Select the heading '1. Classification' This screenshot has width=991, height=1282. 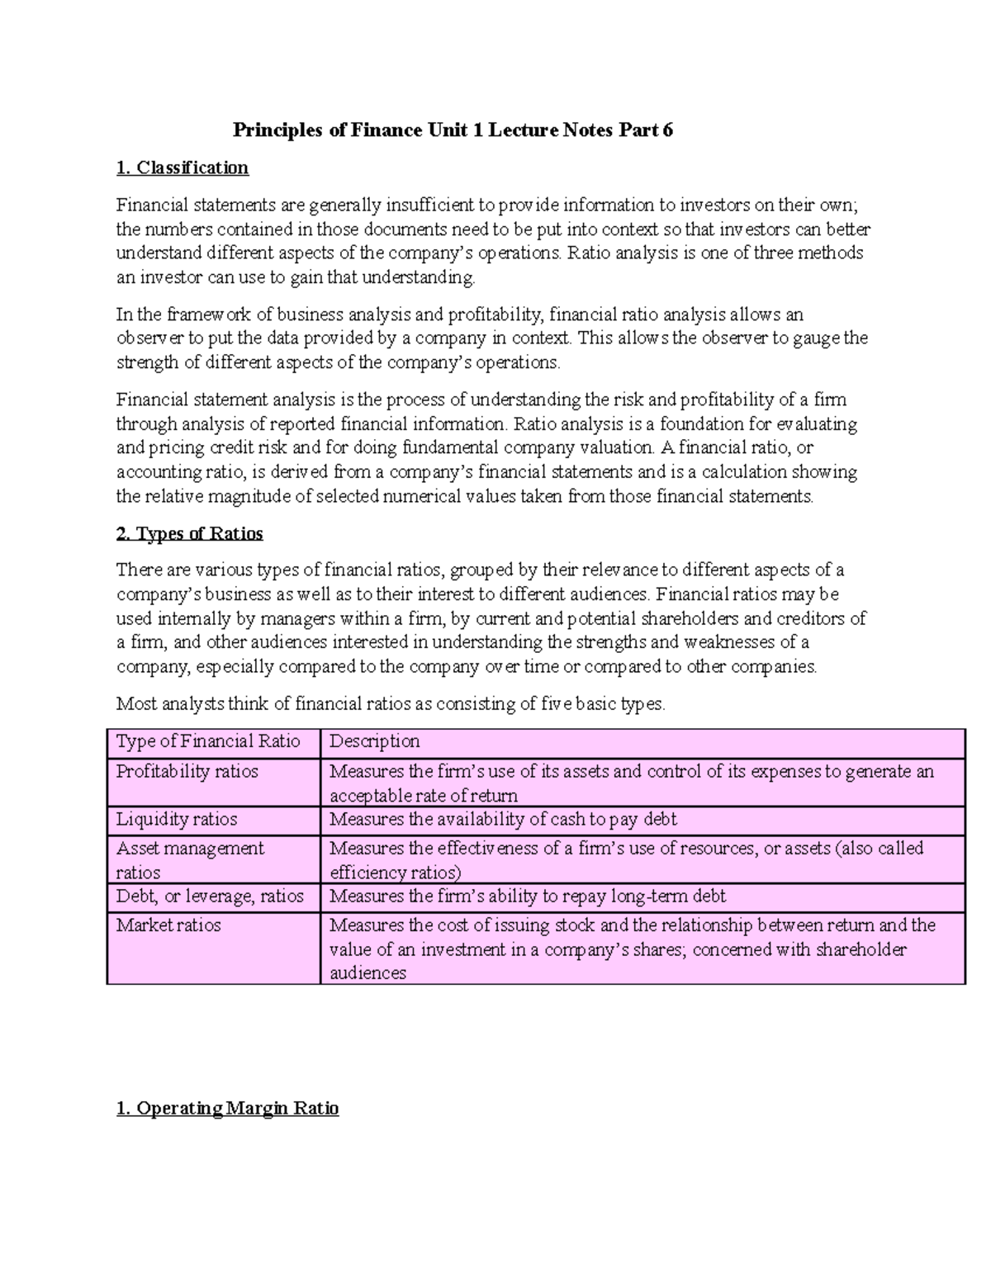183,168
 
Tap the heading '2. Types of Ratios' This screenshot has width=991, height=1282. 190,533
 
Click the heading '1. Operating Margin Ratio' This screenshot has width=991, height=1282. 228,1108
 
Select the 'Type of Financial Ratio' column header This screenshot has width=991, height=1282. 208,741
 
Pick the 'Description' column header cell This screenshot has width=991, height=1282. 375,741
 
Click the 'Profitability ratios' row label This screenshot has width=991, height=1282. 187,771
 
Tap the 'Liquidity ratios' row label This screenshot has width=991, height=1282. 177,819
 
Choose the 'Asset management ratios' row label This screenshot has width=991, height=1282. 190,859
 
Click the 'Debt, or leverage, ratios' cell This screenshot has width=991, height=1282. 210,896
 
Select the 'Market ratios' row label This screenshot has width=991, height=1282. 168,925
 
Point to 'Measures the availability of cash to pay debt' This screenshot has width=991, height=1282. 503,819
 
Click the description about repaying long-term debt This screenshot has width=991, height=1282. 528,896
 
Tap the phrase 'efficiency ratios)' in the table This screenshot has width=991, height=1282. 396,873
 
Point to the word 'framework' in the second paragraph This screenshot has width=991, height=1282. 206,315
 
